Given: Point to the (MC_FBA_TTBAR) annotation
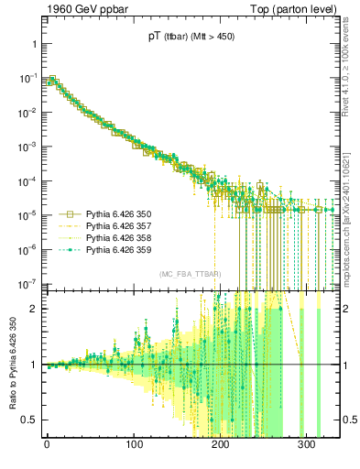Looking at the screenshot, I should click(188, 274).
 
